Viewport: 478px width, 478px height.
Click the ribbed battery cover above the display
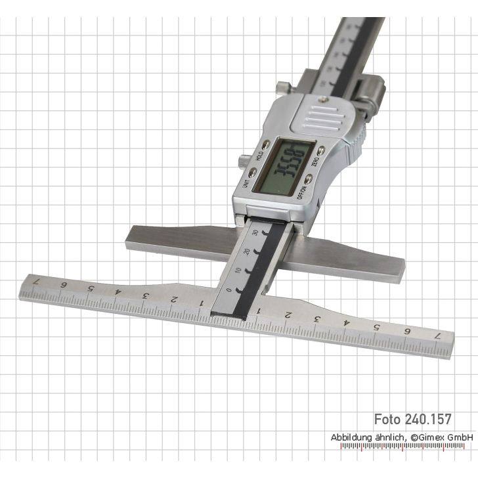(x=324, y=119)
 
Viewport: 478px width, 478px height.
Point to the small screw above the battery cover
(x=322, y=97)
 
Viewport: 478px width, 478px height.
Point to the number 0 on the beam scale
(x=227, y=289)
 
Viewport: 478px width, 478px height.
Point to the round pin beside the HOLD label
(x=243, y=158)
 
